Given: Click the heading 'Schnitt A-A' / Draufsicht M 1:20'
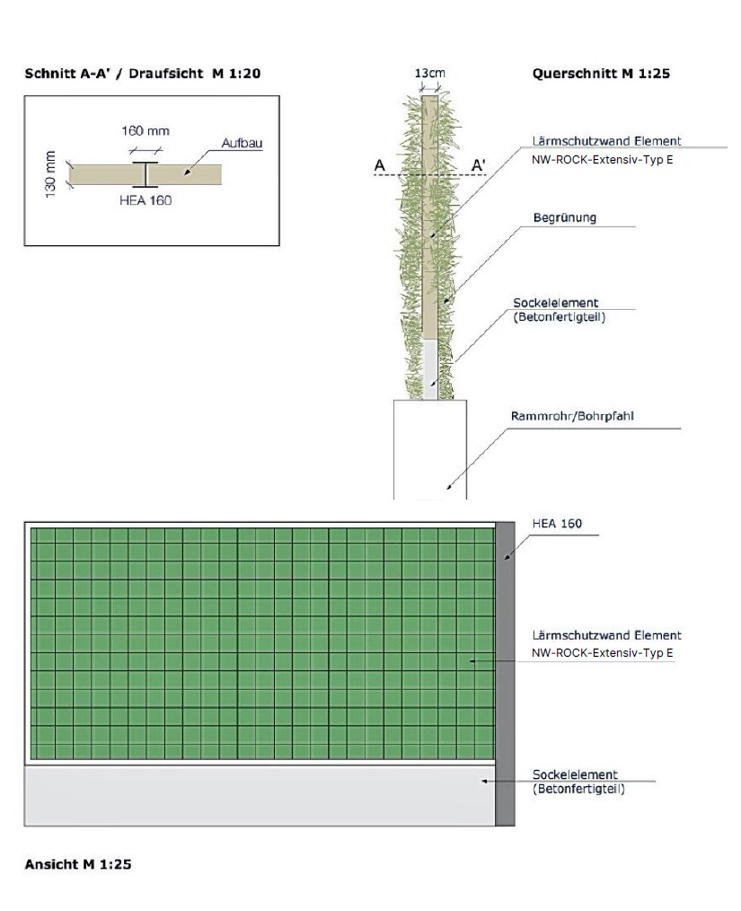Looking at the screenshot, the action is click(142, 74).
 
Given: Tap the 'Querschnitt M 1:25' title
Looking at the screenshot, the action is click(601, 74).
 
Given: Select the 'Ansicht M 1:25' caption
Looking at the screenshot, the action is click(78, 864).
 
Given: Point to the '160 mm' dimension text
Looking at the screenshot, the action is click(146, 131).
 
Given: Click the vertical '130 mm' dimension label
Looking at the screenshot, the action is click(51, 174).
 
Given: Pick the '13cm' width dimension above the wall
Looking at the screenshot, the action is click(429, 73).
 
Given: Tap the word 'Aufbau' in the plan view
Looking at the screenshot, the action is click(242, 143).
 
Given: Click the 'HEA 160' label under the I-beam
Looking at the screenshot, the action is click(146, 200).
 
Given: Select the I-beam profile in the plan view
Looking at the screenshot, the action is click(145, 174).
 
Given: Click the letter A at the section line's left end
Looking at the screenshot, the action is click(380, 165).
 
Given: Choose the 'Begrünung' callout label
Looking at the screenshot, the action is click(564, 218).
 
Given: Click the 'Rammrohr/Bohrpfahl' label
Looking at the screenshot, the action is click(572, 416).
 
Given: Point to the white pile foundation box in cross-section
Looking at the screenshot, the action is click(430, 449).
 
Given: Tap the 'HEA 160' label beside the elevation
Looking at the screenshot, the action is click(557, 524).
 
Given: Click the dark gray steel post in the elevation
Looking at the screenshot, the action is click(505, 674).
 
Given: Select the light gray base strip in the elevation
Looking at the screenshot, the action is click(260, 796).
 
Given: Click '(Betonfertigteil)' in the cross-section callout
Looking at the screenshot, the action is click(560, 317).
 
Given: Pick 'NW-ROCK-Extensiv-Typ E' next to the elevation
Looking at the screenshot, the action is click(602, 653).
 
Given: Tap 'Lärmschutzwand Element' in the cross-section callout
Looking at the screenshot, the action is click(606, 141).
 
